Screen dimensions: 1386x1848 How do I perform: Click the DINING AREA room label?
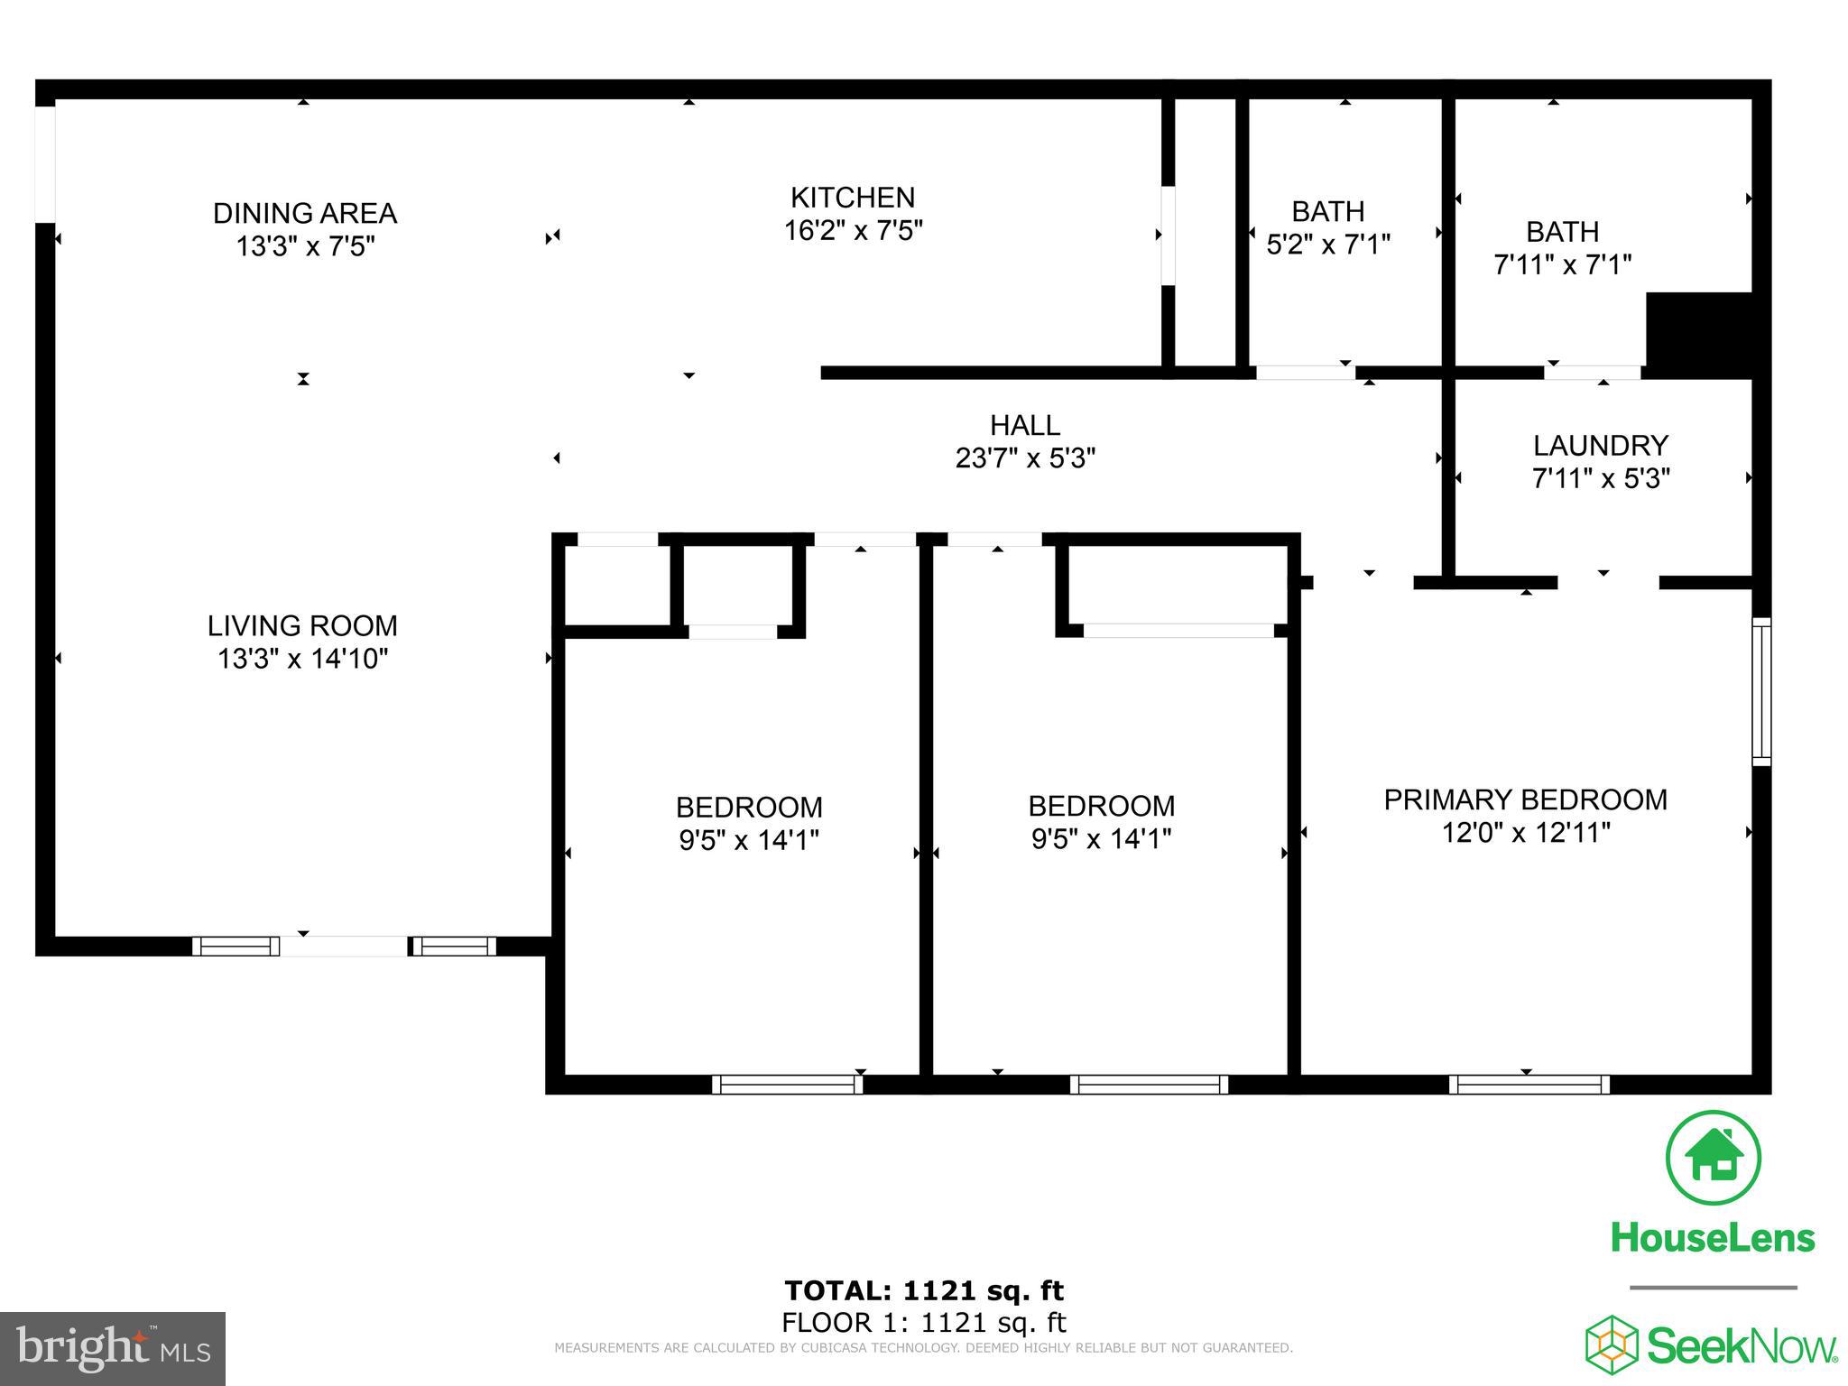tap(304, 214)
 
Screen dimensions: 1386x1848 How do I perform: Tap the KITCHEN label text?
tap(852, 198)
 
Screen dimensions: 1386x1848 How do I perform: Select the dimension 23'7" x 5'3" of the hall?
tap(1025, 458)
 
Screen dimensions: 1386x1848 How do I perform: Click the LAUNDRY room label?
tap(1600, 446)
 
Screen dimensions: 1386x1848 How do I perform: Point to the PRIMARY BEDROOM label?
tap(1525, 799)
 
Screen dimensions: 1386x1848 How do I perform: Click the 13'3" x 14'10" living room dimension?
tap(302, 659)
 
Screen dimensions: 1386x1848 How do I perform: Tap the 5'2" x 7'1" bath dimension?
tap(1327, 245)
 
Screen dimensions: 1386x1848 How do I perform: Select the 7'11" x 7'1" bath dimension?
tap(1562, 265)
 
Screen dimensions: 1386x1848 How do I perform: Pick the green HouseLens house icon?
tap(1712, 1159)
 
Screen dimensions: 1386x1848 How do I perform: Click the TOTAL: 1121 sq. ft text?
tap(924, 1290)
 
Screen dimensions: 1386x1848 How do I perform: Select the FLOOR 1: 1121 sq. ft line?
tap(924, 1323)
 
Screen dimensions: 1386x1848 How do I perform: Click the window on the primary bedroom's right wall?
tap(1761, 691)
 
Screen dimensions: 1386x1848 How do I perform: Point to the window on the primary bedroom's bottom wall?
tap(1529, 1084)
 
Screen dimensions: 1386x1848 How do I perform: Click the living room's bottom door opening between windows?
tap(343, 946)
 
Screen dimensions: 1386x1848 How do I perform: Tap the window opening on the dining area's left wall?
tap(45, 164)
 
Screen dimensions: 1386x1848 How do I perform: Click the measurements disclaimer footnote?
tap(923, 1348)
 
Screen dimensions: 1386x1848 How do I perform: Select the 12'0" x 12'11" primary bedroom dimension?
tap(1525, 832)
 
